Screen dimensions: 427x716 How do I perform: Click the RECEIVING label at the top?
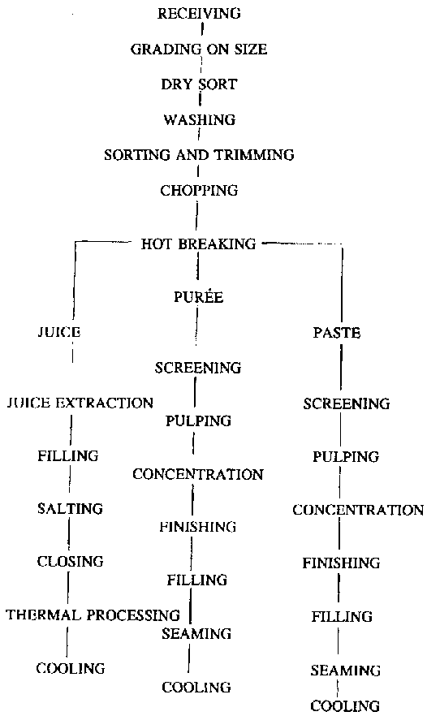(199, 13)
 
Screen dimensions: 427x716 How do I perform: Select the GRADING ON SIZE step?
(199, 49)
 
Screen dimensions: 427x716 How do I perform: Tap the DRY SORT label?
(199, 84)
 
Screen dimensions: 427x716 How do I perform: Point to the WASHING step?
(200, 119)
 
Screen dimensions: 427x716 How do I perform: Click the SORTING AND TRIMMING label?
(199, 155)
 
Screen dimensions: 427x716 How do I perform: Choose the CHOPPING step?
(199, 190)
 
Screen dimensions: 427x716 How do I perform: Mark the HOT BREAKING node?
(199, 244)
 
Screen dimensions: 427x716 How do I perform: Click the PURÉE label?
(199, 296)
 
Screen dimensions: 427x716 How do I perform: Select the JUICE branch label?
(59, 331)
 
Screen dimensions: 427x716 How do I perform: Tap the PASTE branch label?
(337, 333)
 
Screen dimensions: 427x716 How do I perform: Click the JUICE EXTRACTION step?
(80, 403)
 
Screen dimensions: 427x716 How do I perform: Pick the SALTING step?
(71, 508)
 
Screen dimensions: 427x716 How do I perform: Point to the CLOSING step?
(71, 561)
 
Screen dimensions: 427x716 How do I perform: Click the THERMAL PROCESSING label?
(93, 615)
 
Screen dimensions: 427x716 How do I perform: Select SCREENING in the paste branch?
(347, 403)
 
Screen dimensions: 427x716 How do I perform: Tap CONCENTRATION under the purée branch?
(198, 474)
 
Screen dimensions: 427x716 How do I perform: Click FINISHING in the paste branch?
(341, 563)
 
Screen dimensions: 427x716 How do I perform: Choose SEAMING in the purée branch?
(196, 633)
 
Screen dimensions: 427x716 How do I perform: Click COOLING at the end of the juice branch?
(71, 668)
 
